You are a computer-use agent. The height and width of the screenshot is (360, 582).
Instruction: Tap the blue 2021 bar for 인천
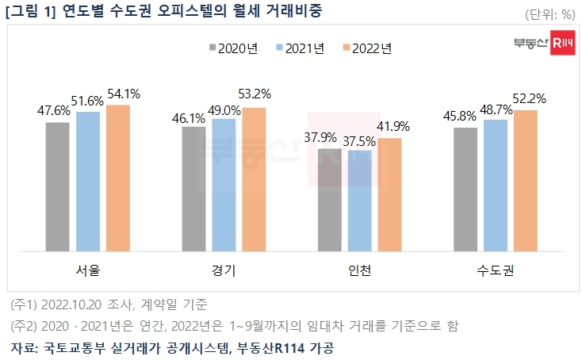click(359, 200)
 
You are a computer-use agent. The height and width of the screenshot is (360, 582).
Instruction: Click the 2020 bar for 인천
click(330, 199)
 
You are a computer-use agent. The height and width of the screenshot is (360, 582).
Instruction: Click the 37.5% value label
click(360, 140)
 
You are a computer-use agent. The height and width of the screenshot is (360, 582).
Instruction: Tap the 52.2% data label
click(530, 100)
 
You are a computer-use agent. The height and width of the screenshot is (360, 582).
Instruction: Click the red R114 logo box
click(564, 43)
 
